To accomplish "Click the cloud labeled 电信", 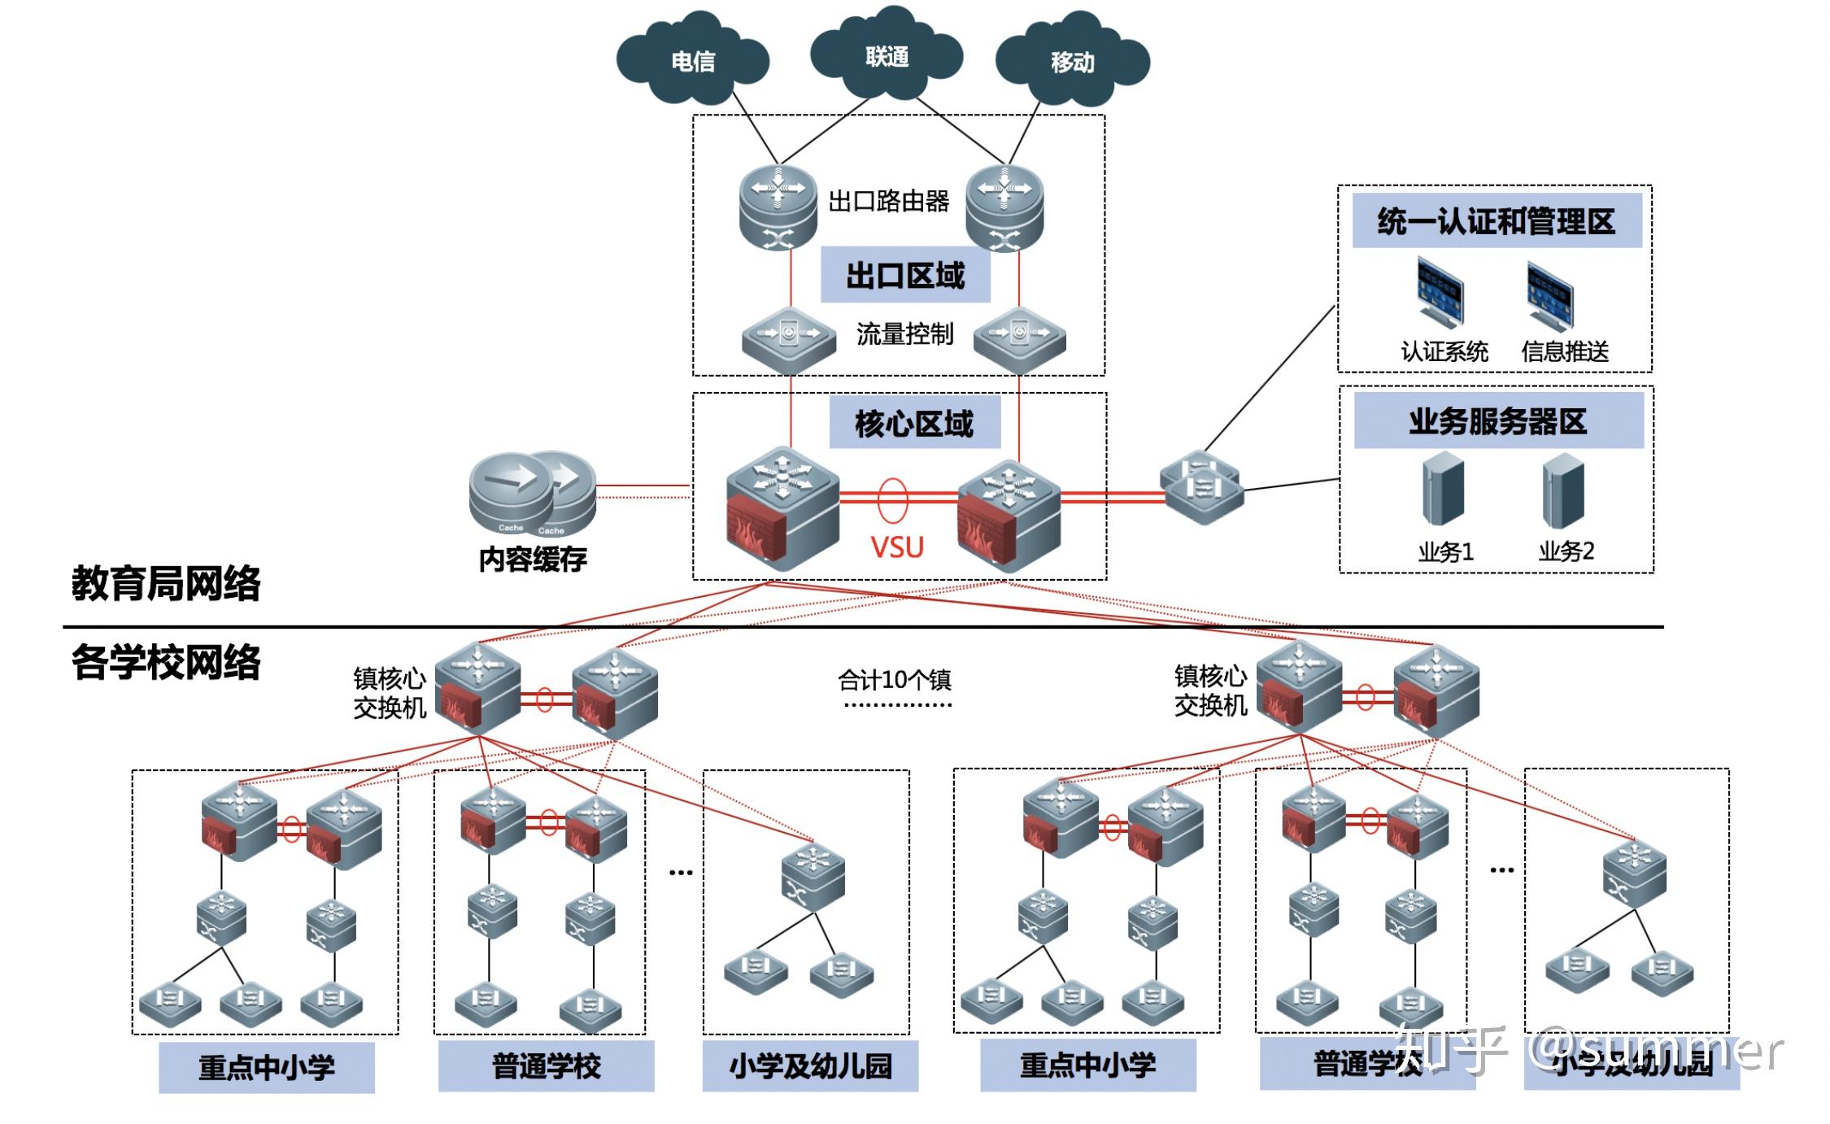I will tap(692, 59).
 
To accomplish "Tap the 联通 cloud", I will tap(887, 55).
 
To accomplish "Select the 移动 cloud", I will tap(1072, 60).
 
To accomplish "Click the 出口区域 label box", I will tap(904, 275).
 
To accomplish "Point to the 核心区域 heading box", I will tap(914, 423).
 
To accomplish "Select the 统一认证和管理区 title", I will tap(1496, 221).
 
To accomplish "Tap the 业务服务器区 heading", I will tap(1497, 421).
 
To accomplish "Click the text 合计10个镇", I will tap(894, 679).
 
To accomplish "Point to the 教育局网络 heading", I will tap(166, 583).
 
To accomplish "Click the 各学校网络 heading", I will tap(166, 661).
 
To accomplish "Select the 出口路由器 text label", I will tap(888, 201).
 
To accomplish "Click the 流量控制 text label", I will tap(904, 333).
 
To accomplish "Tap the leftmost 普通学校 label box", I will tap(546, 1066).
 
